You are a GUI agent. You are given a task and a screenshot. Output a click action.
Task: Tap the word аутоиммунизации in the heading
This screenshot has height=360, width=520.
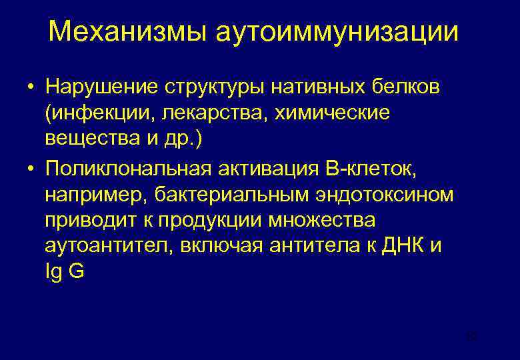pyautogui.click(x=337, y=32)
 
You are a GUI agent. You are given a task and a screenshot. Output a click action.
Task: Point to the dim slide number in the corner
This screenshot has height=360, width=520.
pyautogui.click(x=473, y=337)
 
